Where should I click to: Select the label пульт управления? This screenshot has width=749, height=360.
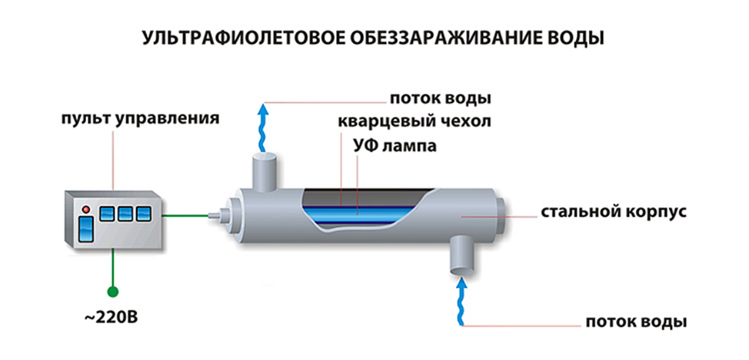[141, 119]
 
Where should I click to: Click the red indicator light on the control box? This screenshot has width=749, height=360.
[86, 209]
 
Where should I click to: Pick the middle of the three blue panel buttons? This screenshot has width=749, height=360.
[125, 214]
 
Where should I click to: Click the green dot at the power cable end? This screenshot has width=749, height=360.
[113, 291]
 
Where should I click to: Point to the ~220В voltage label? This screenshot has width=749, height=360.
[112, 318]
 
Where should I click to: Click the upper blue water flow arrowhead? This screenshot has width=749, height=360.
[262, 109]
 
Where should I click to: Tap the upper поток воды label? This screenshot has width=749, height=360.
[441, 99]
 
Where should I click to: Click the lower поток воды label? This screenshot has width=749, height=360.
[636, 322]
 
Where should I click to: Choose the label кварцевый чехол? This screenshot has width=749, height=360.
[414, 122]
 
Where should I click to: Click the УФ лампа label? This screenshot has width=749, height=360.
[395, 145]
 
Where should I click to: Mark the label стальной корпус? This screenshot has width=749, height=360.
[614, 212]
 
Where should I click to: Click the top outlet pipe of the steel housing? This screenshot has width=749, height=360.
[263, 172]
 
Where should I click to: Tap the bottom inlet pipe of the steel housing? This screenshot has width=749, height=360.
[461, 255]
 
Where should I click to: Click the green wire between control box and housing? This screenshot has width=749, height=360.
[186, 216]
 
